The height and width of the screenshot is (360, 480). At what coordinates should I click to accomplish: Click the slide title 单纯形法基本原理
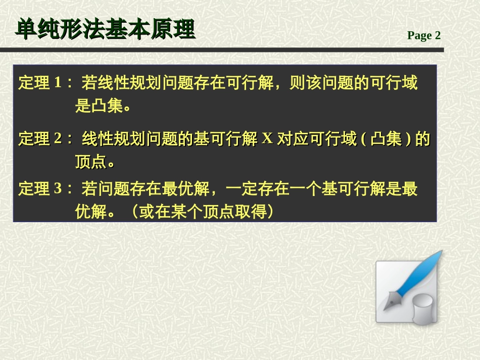tap(105, 30)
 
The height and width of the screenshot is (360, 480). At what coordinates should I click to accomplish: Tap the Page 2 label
tap(424, 35)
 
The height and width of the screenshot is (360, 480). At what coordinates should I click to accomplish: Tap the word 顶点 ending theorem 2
tap(90, 163)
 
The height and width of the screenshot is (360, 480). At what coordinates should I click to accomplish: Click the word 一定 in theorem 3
tap(244, 189)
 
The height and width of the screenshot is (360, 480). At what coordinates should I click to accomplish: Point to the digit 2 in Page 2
tap(438, 35)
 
